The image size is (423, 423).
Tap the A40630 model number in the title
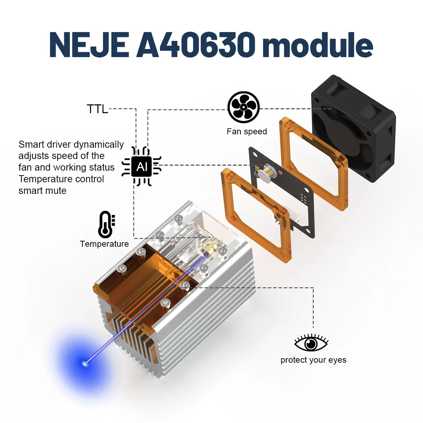(195, 45)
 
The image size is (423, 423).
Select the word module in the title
(318, 45)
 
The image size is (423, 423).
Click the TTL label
(97, 109)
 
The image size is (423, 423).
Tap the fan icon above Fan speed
(244, 107)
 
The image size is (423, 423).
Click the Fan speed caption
(247, 131)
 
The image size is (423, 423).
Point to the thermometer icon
(106, 225)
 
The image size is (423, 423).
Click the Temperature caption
(104, 244)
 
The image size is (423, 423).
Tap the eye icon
(311, 343)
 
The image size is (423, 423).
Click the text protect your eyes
(313, 360)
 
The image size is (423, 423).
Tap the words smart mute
(42, 191)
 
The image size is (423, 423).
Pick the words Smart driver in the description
(45, 145)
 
